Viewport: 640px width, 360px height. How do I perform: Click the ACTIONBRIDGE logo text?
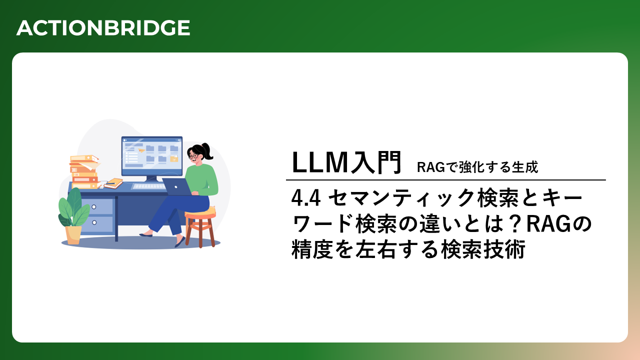pyautogui.click(x=103, y=28)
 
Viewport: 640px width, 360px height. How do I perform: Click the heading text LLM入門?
pyautogui.click(x=347, y=162)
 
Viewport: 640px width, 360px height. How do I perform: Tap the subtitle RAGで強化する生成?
pyautogui.click(x=477, y=167)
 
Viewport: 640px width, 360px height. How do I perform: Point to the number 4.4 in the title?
pyautogui.click(x=305, y=198)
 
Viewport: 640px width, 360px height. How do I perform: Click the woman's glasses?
pyautogui.click(x=193, y=156)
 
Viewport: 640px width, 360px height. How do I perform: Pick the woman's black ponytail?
pyautogui.click(x=207, y=151)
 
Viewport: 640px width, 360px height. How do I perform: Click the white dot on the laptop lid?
pyautogui.click(x=176, y=187)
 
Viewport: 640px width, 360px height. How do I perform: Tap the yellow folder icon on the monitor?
pyautogui.click(x=174, y=158)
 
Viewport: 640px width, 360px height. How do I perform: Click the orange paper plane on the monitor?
pyautogui.click(x=141, y=150)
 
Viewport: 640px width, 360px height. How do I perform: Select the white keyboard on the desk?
pyautogui.click(x=148, y=186)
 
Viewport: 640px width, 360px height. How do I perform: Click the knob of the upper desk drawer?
pyautogui.click(x=93, y=207)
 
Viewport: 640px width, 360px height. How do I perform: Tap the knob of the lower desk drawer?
pyautogui.click(x=93, y=222)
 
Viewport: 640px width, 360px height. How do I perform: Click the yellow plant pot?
pyautogui.click(x=73, y=235)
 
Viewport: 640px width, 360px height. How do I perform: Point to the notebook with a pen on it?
pyautogui.click(x=113, y=183)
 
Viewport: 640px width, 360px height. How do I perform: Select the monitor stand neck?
pyautogui.click(x=151, y=178)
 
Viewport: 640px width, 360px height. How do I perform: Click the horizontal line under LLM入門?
pyautogui.click(x=445, y=180)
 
